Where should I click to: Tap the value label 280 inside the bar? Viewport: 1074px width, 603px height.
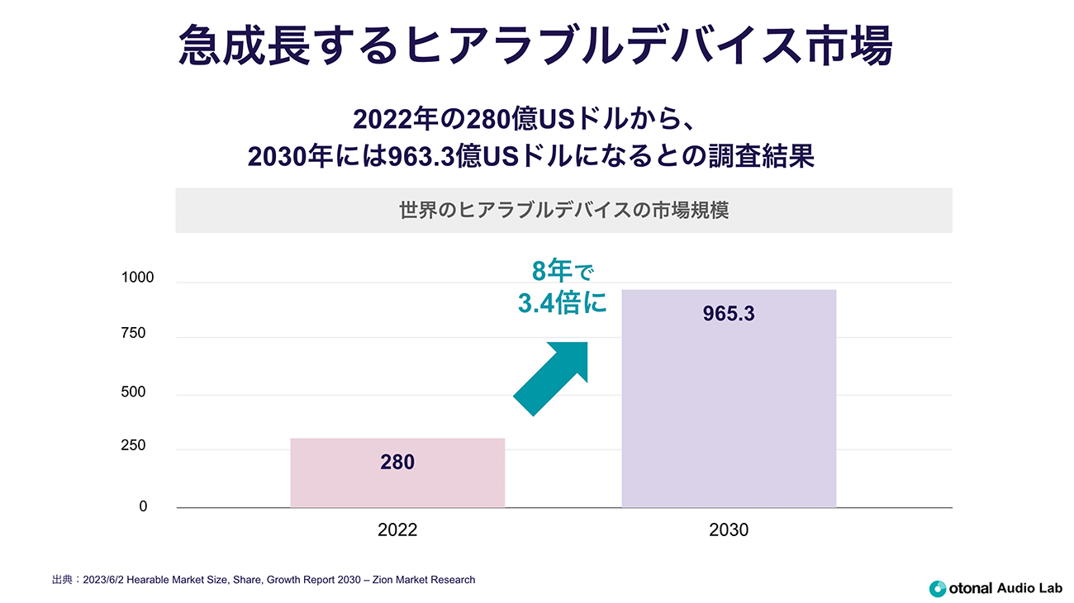pos(397,463)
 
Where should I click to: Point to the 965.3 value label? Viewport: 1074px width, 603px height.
pos(729,315)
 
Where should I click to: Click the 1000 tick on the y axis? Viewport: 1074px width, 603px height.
pos(138,278)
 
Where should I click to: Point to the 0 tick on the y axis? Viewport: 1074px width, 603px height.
pos(143,506)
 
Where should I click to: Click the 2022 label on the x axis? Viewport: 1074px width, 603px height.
pos(397,530)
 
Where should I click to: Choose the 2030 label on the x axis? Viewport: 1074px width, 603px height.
pos(729,530)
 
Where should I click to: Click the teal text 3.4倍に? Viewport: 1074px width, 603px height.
pos(562,303)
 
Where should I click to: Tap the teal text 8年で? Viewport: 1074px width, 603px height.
pos(563,272)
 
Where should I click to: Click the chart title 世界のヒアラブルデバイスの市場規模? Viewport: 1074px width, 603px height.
pos(563,210)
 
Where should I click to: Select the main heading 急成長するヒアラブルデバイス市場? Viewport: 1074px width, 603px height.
pos(535,45)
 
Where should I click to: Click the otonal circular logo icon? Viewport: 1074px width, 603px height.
pos(937,589)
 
